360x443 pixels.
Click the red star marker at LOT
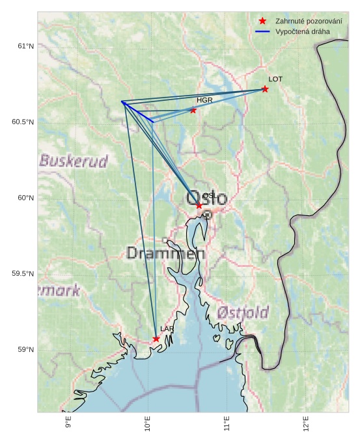(265, 89)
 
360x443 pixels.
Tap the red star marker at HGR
(193, 111)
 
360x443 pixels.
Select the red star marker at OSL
(199, 206)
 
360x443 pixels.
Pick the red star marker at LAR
(156, 339)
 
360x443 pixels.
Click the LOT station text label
(275, 79)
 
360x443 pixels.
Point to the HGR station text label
(204, 101)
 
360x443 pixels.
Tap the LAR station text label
(167, 329)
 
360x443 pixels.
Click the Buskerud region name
(74, 161)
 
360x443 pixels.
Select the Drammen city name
(165, 254)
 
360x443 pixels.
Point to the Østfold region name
(242, 313)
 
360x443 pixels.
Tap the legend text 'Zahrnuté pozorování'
(309, 21)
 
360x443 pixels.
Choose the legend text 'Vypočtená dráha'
(303, 31)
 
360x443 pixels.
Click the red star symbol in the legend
(262, 21)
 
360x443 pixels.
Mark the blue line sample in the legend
(262, 31)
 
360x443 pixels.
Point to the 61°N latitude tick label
(25, 46)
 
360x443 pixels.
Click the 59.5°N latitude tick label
(23, 274)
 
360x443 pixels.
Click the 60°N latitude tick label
(25, 198)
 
